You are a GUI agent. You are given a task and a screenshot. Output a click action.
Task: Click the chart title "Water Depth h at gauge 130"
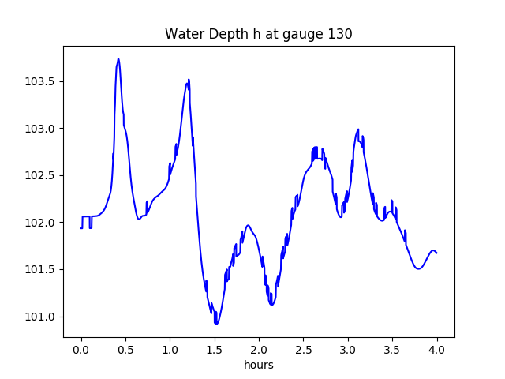click(258, 34)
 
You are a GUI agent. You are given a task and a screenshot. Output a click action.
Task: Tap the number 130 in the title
click(341, 34)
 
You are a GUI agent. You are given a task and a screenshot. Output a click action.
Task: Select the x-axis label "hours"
click(258, 365)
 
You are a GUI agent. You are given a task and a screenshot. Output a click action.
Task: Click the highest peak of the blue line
click(118, 59)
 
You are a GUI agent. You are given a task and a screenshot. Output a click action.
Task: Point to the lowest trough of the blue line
click(216, 323)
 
